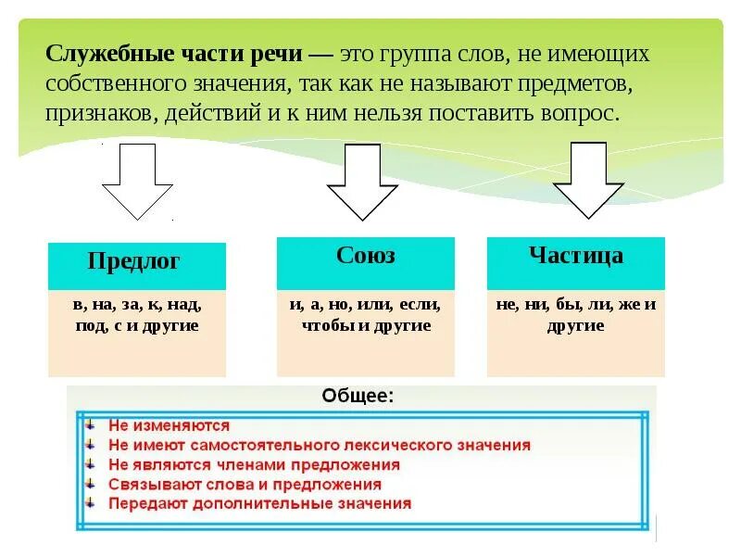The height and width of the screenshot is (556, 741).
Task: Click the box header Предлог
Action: pyautogui.click(x=136, y=262)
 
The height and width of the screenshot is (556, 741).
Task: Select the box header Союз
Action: pyautogui.click(x=365, y=256)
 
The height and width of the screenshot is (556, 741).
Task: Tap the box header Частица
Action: pyautogui.click(x=575, y=256)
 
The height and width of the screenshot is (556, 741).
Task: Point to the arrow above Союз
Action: pyautogui.click(x=362, y=180)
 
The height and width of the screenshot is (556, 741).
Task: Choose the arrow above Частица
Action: pyautogui.click(x=588, y=180)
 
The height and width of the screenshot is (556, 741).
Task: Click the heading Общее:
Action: pyautogui.click(x=357, y=396)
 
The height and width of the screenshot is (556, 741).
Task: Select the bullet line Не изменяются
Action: pyautogui.click(x=169, y=426)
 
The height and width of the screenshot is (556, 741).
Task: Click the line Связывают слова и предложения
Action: pyautogui.click(x=244, y=485)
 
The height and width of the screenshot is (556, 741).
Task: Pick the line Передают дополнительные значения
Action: pyautogui.click(x=259, y=504)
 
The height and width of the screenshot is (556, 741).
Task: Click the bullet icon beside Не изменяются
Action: pyautogui.click(x=89, y=425)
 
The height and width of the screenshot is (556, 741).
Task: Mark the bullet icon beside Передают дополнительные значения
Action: pyautogui.click(x=89, y=503)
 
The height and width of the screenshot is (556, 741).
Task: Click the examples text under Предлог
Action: pyautogui.click(x=136, y=314)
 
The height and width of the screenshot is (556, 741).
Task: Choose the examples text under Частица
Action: pyautogui.click(x=575, y=314)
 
